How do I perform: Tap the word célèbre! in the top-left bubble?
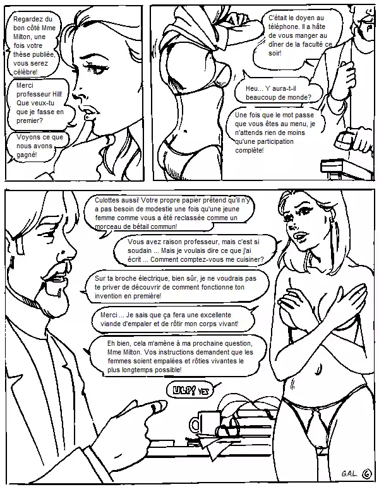(25, 72)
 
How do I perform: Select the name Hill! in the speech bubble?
(57, 94)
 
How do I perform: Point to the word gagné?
(27, 155)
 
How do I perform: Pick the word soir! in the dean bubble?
(275, 53)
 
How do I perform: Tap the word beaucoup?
(260, 97)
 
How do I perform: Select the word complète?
(250, 151)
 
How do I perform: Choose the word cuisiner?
(249, 259)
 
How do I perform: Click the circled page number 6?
(368, 474)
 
